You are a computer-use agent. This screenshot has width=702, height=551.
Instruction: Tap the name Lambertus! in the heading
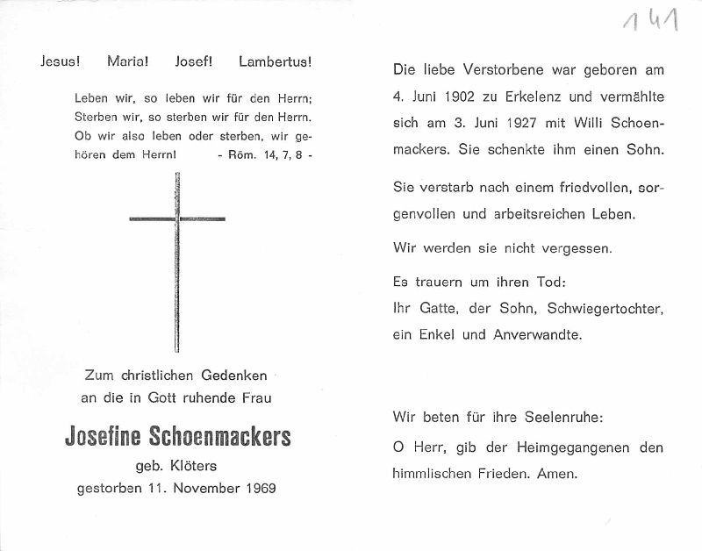tap(275, 62)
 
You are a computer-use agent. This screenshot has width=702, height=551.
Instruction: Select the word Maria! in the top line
tap(128, 62)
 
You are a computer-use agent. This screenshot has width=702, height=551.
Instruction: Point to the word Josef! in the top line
tap(195, 62)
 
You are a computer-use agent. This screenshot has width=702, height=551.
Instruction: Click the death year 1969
tap(259, 488)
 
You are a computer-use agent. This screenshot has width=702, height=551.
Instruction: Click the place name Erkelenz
tap(526, 97)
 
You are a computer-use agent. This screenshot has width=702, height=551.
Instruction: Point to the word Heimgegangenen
tap(553, 447)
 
